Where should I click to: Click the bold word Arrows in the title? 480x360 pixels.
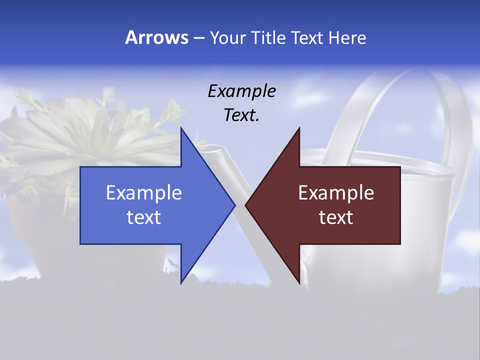coord(156,37)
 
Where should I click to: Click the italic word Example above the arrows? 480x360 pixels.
coord(241,91)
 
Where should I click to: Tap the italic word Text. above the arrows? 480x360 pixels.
coord(241,115)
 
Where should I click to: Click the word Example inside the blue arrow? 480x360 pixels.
coord(144,192)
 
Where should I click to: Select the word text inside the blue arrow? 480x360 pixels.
coord(144,217)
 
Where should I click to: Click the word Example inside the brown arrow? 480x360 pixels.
coord(336,192)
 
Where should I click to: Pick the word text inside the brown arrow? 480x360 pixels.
coord(336,217)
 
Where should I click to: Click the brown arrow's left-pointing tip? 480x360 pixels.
coord(246,205)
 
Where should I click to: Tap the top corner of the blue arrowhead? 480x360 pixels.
coord(181,128)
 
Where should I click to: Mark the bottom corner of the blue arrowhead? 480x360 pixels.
coord(181,282)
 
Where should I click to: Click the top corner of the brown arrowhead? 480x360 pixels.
coord(299,128)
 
